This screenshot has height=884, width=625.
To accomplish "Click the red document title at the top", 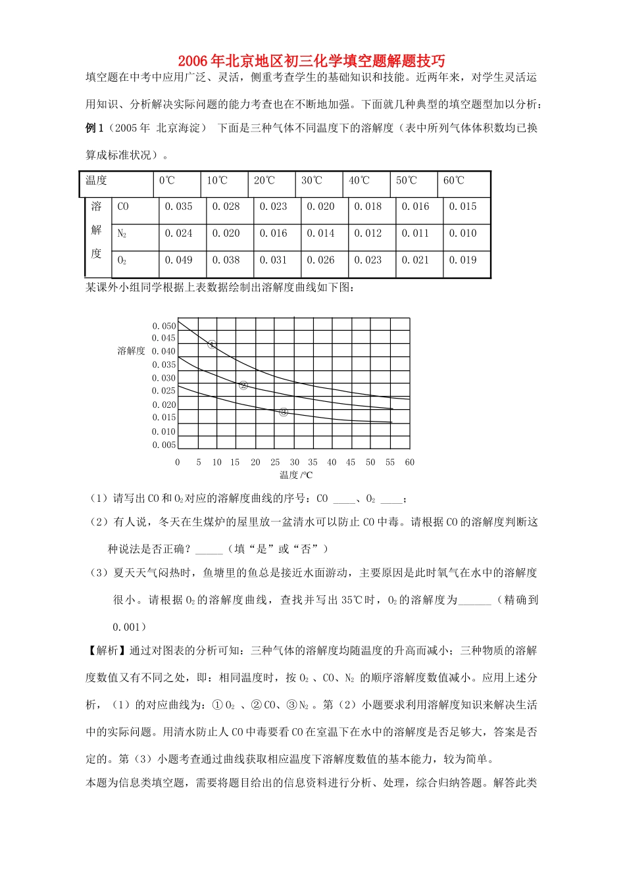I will pyautogui.click(x=311, y=61).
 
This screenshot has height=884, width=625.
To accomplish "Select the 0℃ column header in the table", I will pyautogui.click(x=167, y=180).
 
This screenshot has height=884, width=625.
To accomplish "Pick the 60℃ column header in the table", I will pyautogui.click(x=453, y=180).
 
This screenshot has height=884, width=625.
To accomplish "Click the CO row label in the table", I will pyautogui.click(x=123, y=207).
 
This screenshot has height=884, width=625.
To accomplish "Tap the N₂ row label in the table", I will pyautogui.click(x=122, y=233).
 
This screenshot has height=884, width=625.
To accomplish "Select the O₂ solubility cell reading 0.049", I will pyautogui.click(x=178, y=260).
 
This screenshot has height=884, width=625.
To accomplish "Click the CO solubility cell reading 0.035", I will pyautogui.click(x=178, y=207).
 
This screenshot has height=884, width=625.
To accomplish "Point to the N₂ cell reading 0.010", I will pyautogui.click(x=463, y=233).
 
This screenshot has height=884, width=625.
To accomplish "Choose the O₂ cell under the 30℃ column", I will pyautogui.click(x=320, y=260).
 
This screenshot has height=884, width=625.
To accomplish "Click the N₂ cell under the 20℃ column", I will pyautogui.click(x=273, y=233).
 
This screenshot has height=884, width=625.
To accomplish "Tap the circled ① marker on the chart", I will pyautogui.click(x=212, y=344).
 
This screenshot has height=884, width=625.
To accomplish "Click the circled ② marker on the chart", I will pyautogui.click(x=243, y=385).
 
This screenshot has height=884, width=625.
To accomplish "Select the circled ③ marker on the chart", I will pyautogui.click(x=284, y=412).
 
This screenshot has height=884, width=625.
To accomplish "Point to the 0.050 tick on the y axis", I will pyautogui.click(x=164, y=326).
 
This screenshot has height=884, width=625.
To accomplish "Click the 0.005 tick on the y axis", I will pyautogui.click(x=164, y=445).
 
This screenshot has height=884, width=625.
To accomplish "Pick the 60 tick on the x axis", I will pyautogui.click(x=410, y=462).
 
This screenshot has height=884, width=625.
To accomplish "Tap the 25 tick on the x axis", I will pyautogui.click(x=275, y=462).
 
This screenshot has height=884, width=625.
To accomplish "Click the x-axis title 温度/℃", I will pyautogui.click(x=296, y=475).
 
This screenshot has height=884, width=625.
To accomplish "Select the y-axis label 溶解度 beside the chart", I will pyautogui.click(x=131, y=351).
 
